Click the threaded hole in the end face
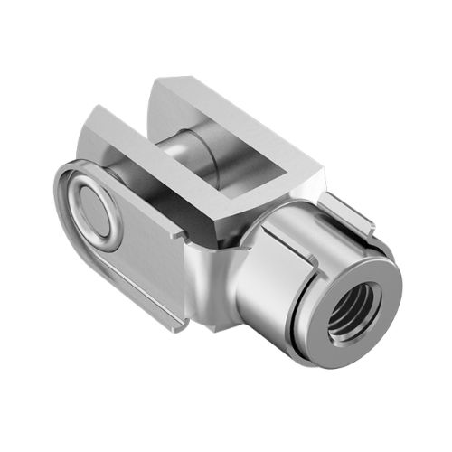click(x=355, y=306)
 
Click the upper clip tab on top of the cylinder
click(x=348, y=212)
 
